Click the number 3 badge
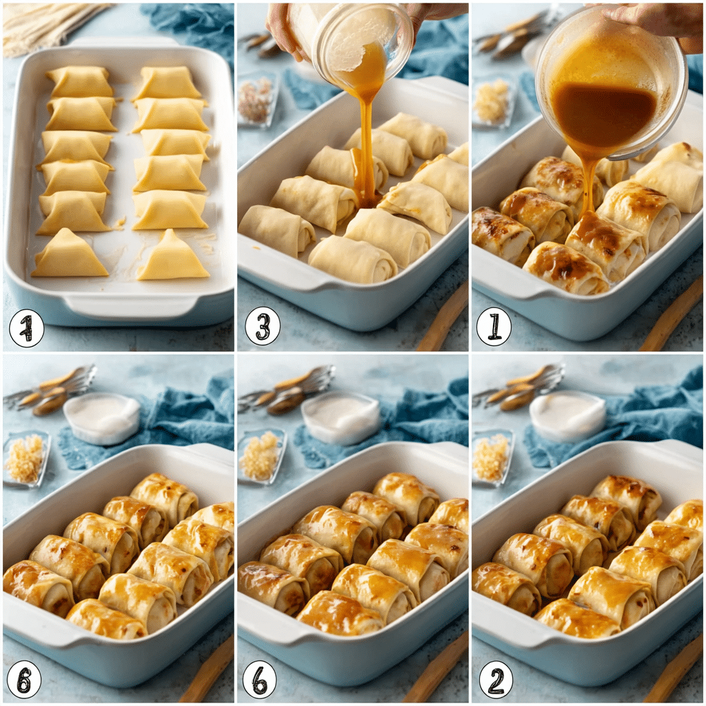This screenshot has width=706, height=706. pyautogui.click(x=262, y=326)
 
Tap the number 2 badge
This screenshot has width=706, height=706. pyautogui.click(x=496, y=679)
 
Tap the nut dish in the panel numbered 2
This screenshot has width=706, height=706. pyautogui.click(x=492, y=458)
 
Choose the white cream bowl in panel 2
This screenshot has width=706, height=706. pyautogui.click(x=567, y=416)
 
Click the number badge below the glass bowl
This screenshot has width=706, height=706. pyautogui.click(x=494, y=326)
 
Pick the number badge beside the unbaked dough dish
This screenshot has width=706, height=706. pyautogui.click(x=26, y=328)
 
